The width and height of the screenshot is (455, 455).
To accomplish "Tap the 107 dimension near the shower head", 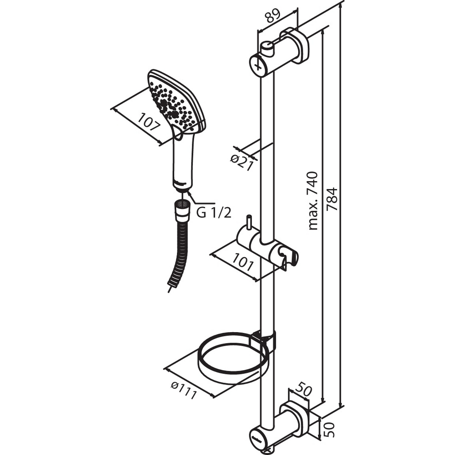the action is [x=149, y=122].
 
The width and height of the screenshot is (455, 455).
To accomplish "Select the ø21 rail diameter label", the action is [x=242, y=163].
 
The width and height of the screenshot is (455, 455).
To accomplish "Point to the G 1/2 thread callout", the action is [x=214, y=213].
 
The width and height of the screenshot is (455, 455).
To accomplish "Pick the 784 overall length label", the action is [x=332, y=199].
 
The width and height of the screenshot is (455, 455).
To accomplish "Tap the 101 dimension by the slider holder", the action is [x=243, y=262].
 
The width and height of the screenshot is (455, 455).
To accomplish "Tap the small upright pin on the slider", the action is [x=249, y=223].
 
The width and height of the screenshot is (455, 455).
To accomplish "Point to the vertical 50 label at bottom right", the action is [x=329, y=429].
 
